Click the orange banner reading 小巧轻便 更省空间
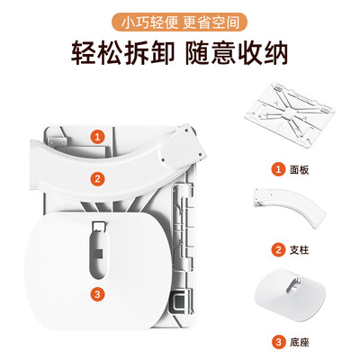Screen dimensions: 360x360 (x=180, y=22)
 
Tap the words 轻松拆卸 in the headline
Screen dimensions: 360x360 (x=122, y=54)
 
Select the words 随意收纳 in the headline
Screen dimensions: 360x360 (x=237, y=54)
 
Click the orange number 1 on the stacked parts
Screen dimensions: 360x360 (x=97, y=137)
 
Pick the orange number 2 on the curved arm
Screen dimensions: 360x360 (x=97, y=179)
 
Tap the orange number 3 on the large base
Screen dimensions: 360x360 (x=97, y=294)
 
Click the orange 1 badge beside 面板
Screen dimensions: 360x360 (x=278, y=169)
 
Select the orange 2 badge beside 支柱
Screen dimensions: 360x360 (x=278, y=249)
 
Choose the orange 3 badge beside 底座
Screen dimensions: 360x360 (x=278, y=342)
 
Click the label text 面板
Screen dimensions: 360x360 (x=299, y=170)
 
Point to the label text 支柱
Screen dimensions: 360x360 (x=299, y=250)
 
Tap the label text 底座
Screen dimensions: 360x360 (x=299, y=343)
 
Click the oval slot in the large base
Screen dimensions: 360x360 (x=99, y=253)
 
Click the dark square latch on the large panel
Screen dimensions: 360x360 (x=178, y=300)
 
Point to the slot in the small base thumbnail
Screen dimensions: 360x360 (x=294, y=285)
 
